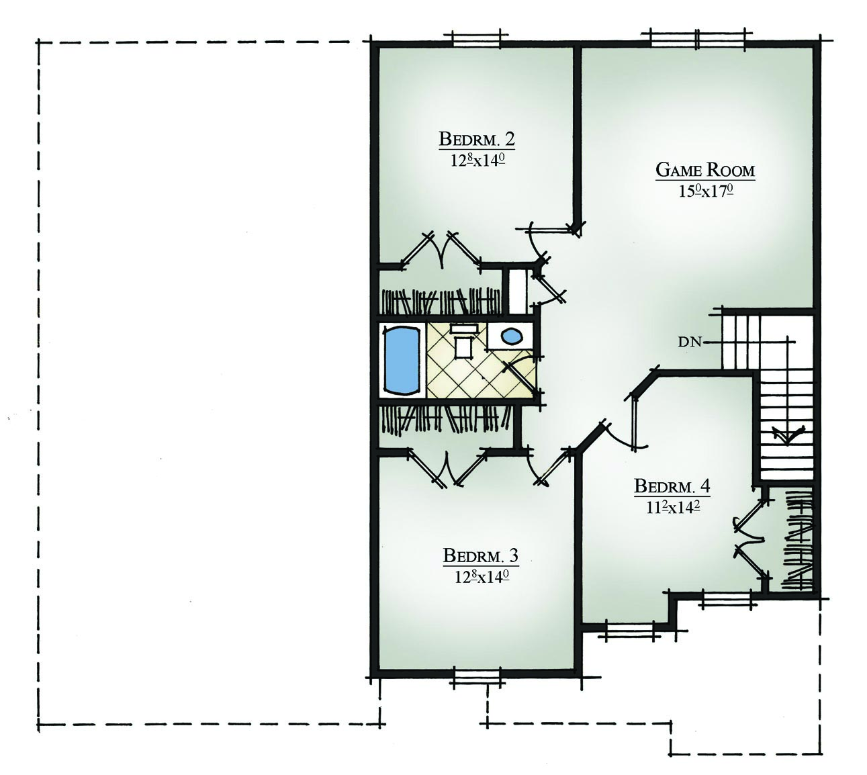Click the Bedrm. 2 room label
[x=477, y=140]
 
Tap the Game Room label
[x=705, y=170]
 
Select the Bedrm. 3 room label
[x=480, y=556]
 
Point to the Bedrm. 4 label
[x=672, y=486]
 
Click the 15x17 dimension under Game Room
[x=705, y=191]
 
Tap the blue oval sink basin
[x=512, y=335]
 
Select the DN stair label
[x=689, y=342]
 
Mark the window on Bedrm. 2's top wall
[x=476, y=38]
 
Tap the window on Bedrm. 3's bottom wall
[x=477, y=677]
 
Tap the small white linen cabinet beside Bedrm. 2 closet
[x=518, y=291]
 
